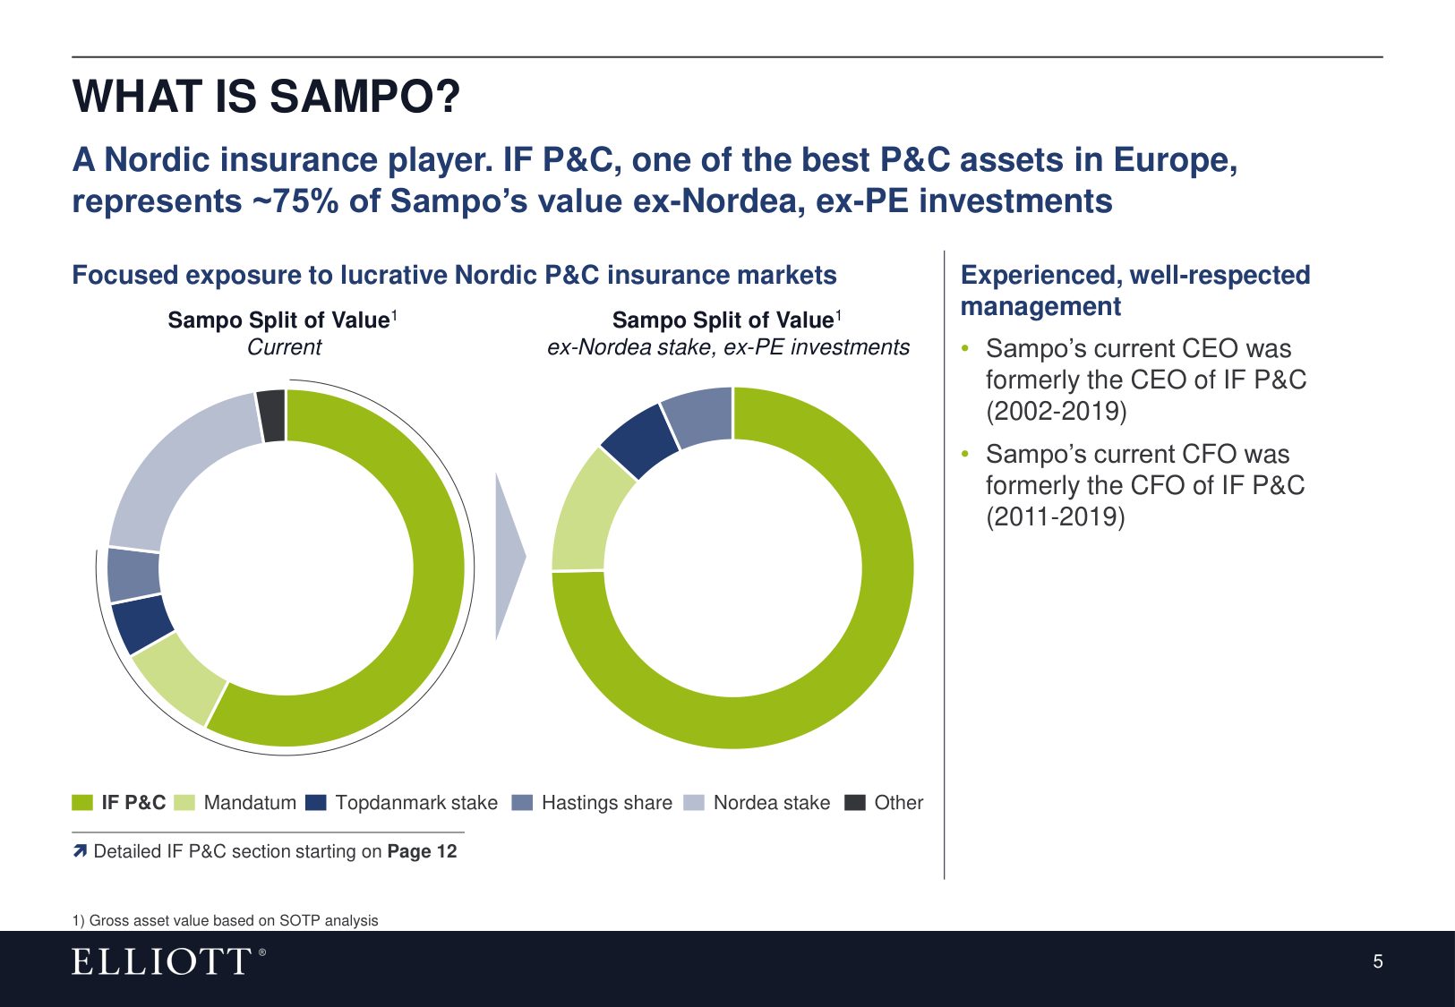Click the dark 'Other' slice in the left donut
coord(271,416)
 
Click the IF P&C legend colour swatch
coord(82,803)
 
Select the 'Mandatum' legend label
coord(250,803)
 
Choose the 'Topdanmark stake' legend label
coord(416,803)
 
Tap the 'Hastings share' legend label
coord(607,803)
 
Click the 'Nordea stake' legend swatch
coord(694,803)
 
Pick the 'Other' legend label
coord(898,803)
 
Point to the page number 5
coord(1378,961)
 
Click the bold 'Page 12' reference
coord(423,851)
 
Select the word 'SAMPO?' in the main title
coord(364,97)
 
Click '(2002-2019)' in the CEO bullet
coord(1057,412)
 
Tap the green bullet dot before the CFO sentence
coord(965,454)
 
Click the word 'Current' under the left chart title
coord(284,347)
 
